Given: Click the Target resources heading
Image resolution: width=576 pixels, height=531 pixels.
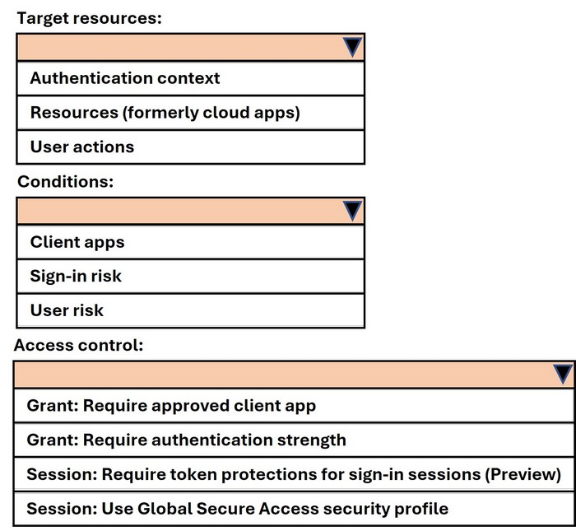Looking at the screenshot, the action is point(89,18).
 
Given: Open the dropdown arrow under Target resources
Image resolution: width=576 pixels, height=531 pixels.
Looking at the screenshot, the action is point(352,48).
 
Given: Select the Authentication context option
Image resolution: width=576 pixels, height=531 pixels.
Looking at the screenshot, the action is point(125,78).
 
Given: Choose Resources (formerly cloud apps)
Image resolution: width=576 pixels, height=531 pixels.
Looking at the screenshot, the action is point(165,113).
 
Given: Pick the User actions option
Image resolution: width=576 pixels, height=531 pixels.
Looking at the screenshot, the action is point(82,147).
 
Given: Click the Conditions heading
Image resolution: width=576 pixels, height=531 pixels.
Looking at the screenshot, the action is point(65,182).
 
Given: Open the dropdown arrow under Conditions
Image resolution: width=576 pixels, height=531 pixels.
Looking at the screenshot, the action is point(352,211).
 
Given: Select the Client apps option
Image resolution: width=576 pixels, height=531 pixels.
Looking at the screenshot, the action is point(77,243).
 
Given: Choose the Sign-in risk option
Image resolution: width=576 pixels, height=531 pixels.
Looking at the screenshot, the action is point(76,277).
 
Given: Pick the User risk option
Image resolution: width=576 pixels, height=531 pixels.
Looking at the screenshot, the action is point(67,310).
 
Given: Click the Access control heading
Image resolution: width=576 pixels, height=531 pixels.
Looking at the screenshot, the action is point(79,346).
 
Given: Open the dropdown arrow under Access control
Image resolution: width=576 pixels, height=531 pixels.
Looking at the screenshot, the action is point(562,374).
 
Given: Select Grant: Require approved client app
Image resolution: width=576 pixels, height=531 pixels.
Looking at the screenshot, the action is point(171,406).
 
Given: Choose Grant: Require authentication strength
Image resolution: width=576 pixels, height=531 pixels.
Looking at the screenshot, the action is point(186,440).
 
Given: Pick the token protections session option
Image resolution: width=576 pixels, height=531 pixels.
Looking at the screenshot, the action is point(294,474).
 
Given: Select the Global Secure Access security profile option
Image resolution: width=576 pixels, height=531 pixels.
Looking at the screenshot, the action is point(237,509).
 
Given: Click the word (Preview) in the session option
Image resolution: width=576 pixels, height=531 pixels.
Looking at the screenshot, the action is point(523,474).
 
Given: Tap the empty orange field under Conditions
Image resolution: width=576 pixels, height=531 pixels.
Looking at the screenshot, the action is point(180,211).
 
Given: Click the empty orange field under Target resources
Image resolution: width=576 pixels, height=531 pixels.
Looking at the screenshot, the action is point(180,48).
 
